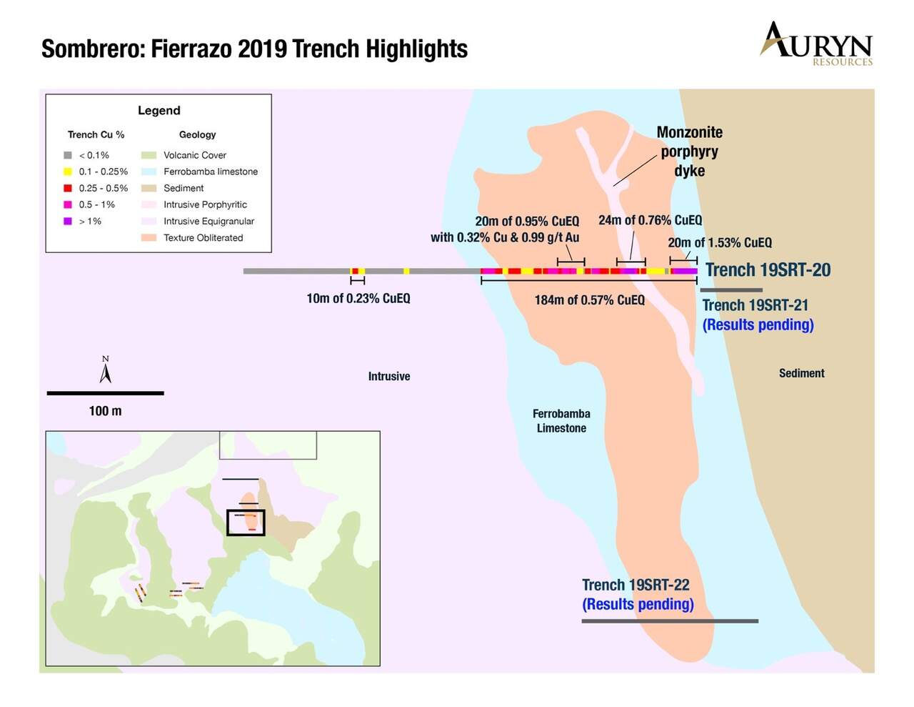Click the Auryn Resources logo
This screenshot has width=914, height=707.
click(x=816, y=44)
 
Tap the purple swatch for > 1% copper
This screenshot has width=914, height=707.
click(x=68, y=221)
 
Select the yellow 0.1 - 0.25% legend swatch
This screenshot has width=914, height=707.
click(x=68, y=172)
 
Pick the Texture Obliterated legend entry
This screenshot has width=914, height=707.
click(x=192, y=237)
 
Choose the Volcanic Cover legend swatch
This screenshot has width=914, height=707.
click(x=149, y=155)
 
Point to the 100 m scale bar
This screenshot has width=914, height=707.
click(x=105, y=393)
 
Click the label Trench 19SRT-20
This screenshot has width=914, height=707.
click(x=768, y=270)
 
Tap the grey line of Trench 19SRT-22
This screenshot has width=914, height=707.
click(x=670, y=621)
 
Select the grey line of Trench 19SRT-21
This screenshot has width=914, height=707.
click(x=731, y=290)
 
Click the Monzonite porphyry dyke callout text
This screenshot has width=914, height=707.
click(x=689, y=152)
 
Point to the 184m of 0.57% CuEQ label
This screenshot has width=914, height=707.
click(x=590, y=300)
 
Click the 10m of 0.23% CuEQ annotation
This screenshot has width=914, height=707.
click(x=358, y=299)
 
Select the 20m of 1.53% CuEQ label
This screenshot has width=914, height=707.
click(x=720, y=242)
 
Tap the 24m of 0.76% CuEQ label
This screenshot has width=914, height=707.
click(x=651, y=219)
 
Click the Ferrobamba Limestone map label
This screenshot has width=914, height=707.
click(x=561, y=420)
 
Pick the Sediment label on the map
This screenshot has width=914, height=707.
click(x=802, y=373)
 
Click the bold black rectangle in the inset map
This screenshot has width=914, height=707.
click(x=246, y=523)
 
